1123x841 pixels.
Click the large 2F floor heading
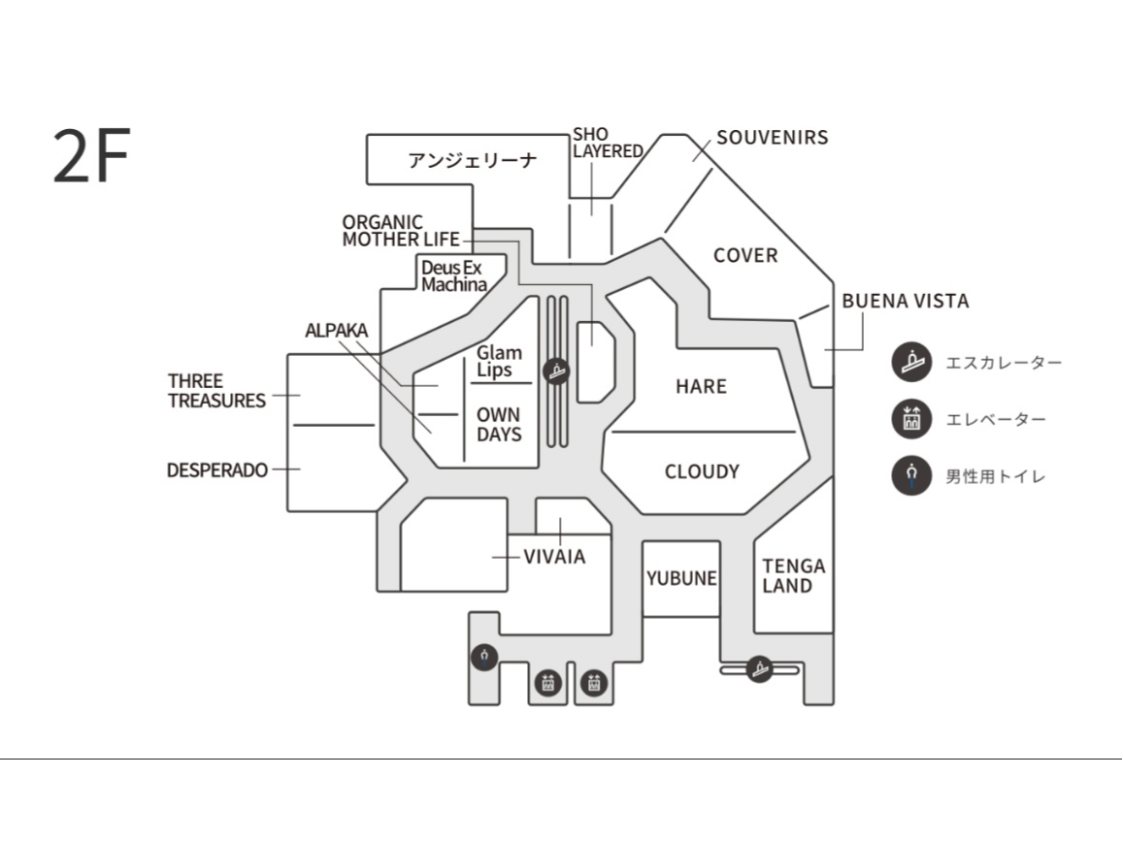coord(91,154)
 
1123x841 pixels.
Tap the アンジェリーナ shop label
coord(472,160)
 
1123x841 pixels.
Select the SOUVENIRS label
coord(772,138)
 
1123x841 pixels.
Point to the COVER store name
coord(745,255)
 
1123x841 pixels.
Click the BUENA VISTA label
coord(906,302)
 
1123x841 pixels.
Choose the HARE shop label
coord(701,386)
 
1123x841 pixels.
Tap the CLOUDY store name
coord(702,471)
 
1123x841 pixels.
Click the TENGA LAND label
coord(794,576)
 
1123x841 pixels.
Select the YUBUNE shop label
coord(681,578)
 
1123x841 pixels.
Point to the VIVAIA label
coord(554,557)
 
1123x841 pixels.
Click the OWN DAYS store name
coord(499,425)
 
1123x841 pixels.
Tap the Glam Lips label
coord(499,362)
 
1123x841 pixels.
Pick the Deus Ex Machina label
coord(454,276)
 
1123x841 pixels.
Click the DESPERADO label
coord(217,470)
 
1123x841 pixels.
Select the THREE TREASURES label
coord(216,391)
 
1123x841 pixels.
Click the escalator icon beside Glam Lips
coord(556,371)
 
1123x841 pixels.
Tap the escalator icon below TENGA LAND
coord(759,669)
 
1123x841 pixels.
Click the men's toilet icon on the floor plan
coord(485,657)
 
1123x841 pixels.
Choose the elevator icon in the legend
coord(911,419)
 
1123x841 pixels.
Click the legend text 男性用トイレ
coord(996,476)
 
